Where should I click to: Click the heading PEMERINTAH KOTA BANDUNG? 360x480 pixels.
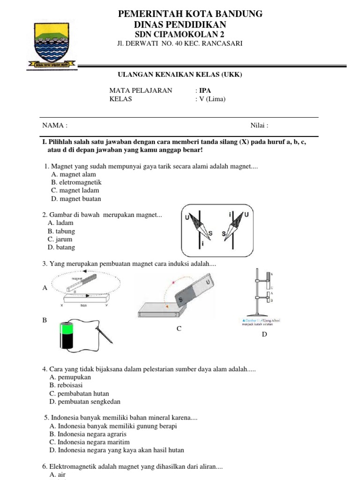click(x=190, y=14)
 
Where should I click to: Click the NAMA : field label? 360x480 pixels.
click(x=55, y=126)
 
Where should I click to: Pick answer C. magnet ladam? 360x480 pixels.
click(x=75, y=190)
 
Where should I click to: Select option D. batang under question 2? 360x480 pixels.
click(x=61, y=247)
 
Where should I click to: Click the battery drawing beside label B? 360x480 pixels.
click(x=66, y=335)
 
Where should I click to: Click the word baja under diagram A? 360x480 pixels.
click(x=84, y=305)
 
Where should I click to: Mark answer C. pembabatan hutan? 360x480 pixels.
click(x=79, y=394)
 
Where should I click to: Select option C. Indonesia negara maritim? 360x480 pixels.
click(x=89, y=442)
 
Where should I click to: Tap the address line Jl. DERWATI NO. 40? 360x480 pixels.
click(x=180, y=44)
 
